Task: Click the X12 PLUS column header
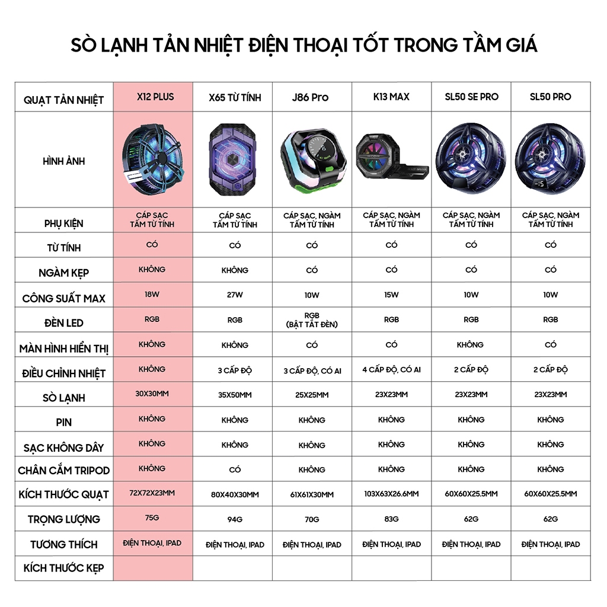(x=153, y=97)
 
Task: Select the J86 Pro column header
(x=312, y=97)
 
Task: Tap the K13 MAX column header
(x=391, y=97)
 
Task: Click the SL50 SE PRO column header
(x=471, y=97)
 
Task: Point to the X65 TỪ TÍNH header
(x=235, y=97)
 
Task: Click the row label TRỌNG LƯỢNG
(x=64, y=519)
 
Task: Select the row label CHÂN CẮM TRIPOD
(x=64, y=470)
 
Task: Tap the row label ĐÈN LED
(x=64, y=323)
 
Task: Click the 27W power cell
(x=235, y=295)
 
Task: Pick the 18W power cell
(x=152, y=294)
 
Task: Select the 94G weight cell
(x=235, y=520)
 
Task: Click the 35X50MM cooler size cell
(x=235, y=395)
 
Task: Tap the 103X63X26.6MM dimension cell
(x=391, y=494)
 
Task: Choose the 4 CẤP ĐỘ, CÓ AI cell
(x=391, y=369)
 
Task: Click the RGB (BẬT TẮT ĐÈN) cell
(x=312, y=320)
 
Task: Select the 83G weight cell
(x=391, y=519)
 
